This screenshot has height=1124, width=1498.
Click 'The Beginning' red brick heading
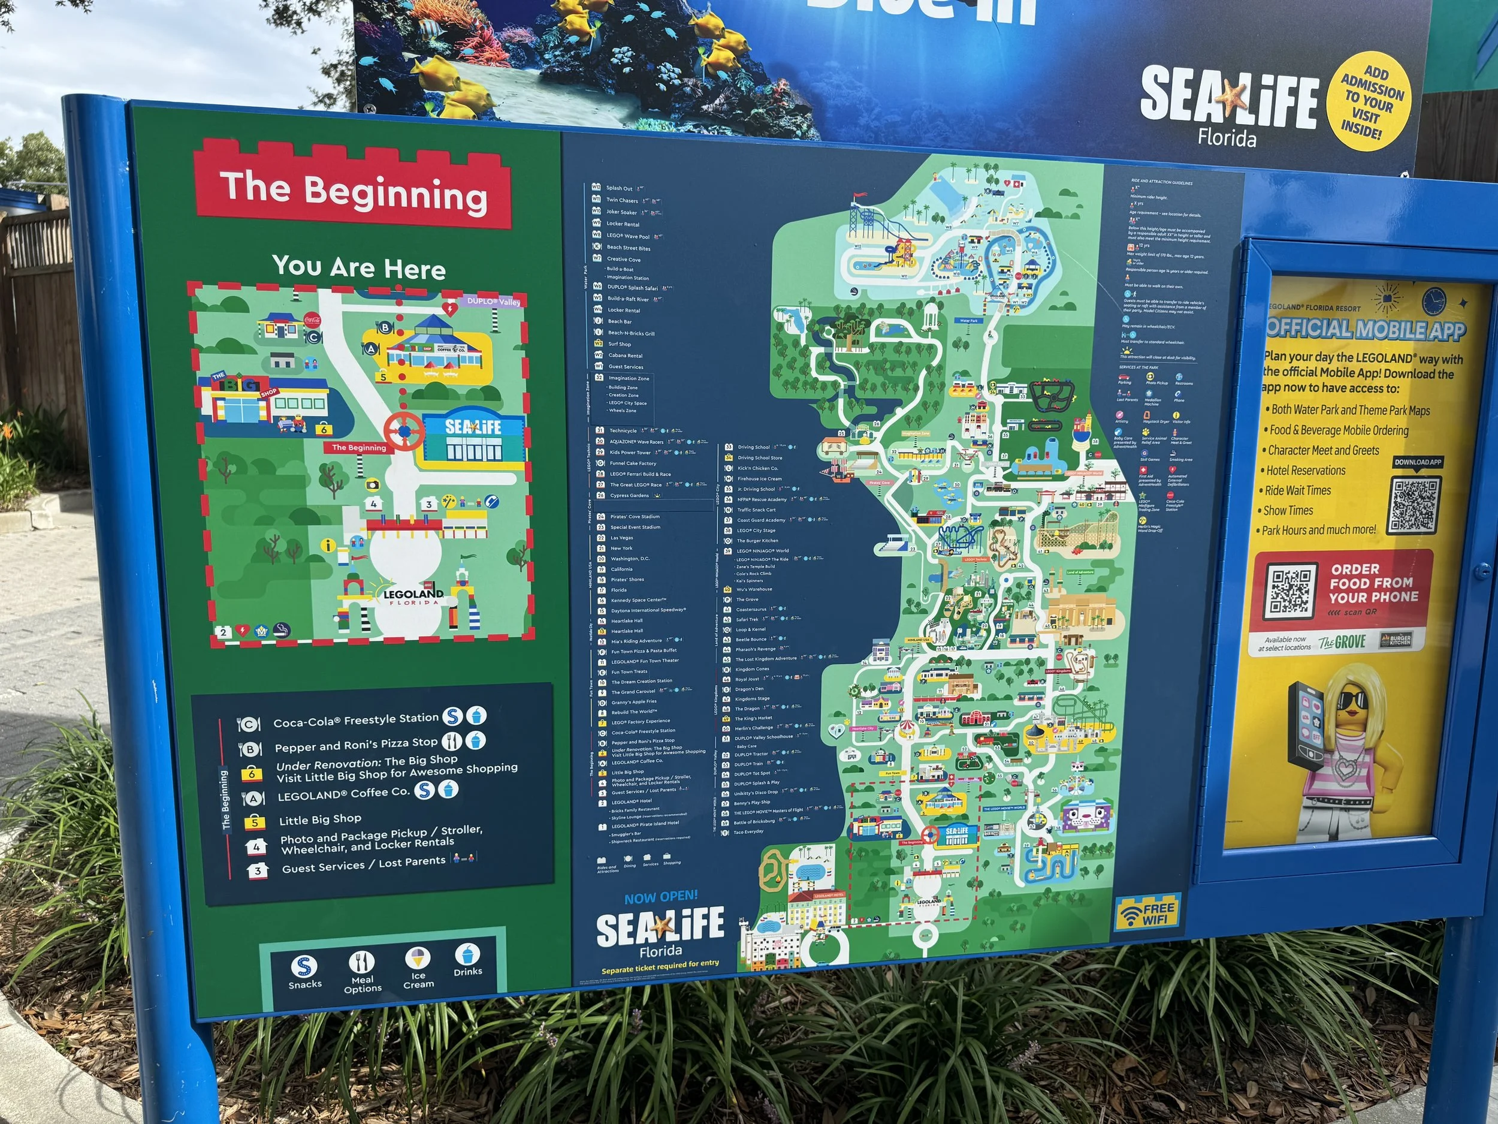click(x=353, y=191)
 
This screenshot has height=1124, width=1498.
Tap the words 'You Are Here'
click(x=359, y=267)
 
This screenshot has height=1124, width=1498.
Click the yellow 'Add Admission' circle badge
click(x=1371, y=102)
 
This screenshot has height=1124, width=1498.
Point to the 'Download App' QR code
click(x=1414, y=505)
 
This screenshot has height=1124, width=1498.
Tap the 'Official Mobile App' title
click(x=1365, y=329)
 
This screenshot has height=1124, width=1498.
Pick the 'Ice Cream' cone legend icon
click(x=418, y=959)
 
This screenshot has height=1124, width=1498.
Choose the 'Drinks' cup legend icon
click(x=467, y=954)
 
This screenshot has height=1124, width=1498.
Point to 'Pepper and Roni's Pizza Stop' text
click(x=355, y=745)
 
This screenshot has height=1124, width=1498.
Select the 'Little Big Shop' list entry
click(x=321, y=819)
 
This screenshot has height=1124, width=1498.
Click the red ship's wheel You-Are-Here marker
click(x=404, y=430)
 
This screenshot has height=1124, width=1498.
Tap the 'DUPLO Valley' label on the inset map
click(x=494, y=301)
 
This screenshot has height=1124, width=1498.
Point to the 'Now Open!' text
click(x=660, y=897)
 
